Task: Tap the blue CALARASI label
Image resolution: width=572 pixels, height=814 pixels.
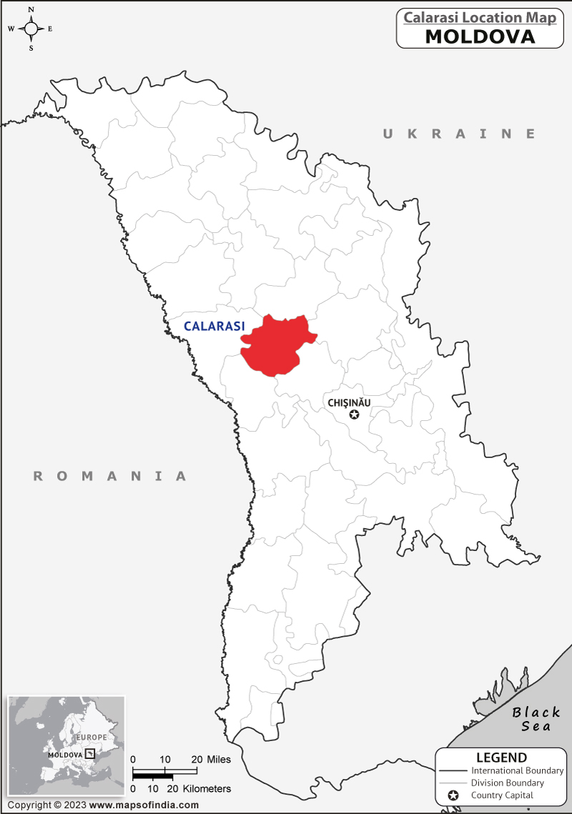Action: (214, 326)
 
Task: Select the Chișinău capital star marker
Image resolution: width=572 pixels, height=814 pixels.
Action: (354, 415)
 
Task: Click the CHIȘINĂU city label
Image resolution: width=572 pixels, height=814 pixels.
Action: (349, 403)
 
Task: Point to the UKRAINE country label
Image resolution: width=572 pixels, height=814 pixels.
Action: (459, 134)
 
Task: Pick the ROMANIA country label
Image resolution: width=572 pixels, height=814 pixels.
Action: (110, 476)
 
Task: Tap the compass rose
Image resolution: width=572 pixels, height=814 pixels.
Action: (31, 29)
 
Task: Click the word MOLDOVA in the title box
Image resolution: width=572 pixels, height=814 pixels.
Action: (480, 36)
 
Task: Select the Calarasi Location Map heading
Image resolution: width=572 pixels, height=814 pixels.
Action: (480, 18)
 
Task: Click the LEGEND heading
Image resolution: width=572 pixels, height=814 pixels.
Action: (501, 758)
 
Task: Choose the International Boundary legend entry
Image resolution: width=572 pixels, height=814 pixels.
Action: (517, 770)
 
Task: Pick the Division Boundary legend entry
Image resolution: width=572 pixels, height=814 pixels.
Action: (507, 783)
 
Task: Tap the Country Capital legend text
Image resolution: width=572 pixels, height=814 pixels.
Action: (502, 795)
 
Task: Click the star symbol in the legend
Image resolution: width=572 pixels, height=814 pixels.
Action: (452, 795)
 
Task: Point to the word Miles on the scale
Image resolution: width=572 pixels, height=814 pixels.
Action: (219, 759)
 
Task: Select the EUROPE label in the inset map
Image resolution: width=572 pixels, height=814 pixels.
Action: (92, 737)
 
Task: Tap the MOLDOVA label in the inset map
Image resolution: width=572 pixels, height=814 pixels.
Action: (65, 755)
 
